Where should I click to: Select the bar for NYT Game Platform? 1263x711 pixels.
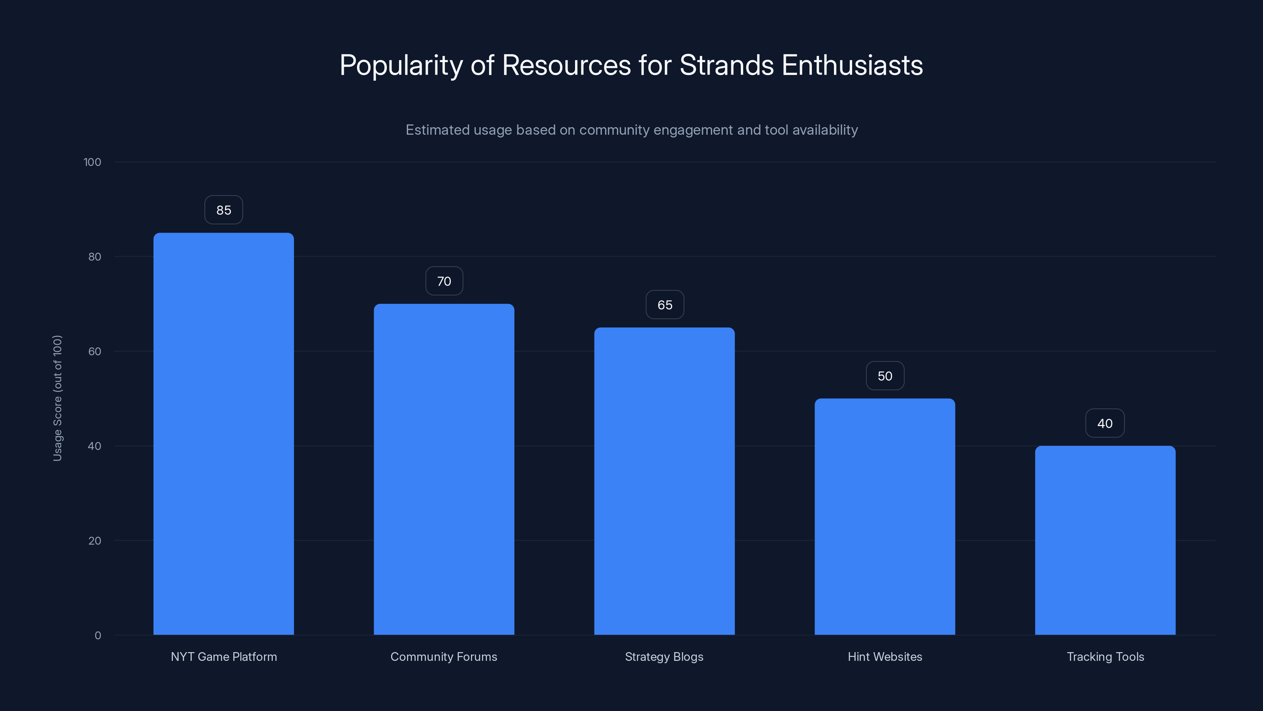tap(223, 434)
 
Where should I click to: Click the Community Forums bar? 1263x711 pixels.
tap(444, 469)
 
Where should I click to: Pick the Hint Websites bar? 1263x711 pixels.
tap(884, 516)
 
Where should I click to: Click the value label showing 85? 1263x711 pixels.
tap(223, 210)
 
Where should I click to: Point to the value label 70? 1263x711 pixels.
tap(444, 281)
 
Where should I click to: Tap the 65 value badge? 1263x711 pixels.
tap(664, 305)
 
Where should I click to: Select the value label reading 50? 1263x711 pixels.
tap(884, 376)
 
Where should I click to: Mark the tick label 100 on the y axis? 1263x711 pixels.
tap(92, 162)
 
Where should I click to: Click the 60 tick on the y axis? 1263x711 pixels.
tap(95, 351)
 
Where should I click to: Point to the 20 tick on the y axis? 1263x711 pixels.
tap(95, 541)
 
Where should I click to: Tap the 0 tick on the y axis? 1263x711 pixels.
tap(97, 636)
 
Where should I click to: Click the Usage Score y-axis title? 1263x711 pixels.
tap(57, 398)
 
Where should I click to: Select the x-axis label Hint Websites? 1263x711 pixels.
tap(884, 656)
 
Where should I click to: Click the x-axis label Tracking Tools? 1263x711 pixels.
tap(1105, 656)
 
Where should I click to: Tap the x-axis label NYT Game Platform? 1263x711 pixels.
tap(223, 656)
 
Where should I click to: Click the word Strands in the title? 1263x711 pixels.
tap(727, 65)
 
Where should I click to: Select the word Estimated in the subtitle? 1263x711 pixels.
tap(438, 130)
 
